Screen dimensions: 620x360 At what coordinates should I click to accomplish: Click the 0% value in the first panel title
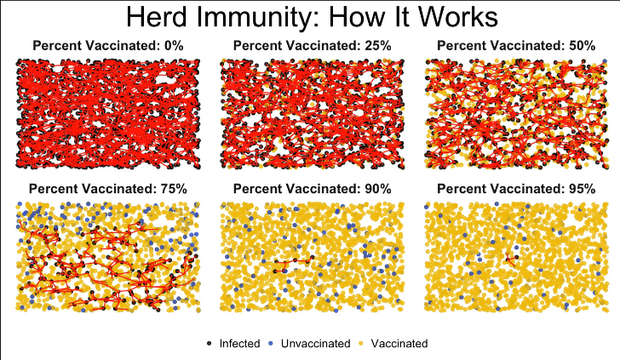click(174, 46)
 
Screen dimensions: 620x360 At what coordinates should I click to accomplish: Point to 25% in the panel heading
click(377, 46)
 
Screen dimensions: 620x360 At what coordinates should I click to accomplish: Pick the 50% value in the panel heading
click(582, 46)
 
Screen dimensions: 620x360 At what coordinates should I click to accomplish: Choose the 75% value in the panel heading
click(174, 189)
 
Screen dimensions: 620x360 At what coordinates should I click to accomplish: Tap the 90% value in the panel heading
click(377, 189)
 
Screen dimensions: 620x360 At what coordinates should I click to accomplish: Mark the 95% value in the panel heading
click(582, 189)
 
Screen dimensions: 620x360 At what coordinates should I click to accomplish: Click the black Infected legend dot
click(210, 344)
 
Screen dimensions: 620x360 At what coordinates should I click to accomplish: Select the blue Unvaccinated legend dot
click(271, 344)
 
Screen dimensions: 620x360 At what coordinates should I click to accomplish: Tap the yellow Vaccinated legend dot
click(360, 344)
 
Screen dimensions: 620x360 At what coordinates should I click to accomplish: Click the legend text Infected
click(239, 344)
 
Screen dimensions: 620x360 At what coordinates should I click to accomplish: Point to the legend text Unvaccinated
click(315, 344)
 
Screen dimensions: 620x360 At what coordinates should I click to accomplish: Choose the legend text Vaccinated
click(399, 344)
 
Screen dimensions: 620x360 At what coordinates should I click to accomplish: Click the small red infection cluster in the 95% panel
click(511, 260)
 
